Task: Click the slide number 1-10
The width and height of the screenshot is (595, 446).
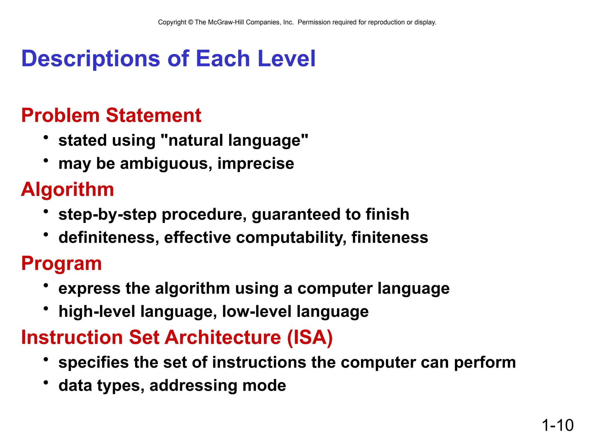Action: (x=558, y=425)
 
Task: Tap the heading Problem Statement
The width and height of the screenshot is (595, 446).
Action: (x=111, y=115)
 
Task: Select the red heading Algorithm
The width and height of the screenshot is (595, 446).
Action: (x=67, y=189)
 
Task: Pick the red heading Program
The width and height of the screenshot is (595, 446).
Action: (x=61, y=263)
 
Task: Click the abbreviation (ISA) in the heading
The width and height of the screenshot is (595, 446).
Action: (x=310, y=337)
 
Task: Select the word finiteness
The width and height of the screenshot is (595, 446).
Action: (x=390, y=238)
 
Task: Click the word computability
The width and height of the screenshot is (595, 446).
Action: (x=291, y=238)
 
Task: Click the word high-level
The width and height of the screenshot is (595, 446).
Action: (x=97, y=312)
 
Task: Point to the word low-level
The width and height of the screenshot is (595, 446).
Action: (x=257, y=312)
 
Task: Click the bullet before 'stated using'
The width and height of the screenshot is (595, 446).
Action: (x=46, y=137)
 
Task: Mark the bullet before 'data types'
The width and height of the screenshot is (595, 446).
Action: (x=46, y=382)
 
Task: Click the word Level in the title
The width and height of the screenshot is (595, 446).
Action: (x=286, y=59)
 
